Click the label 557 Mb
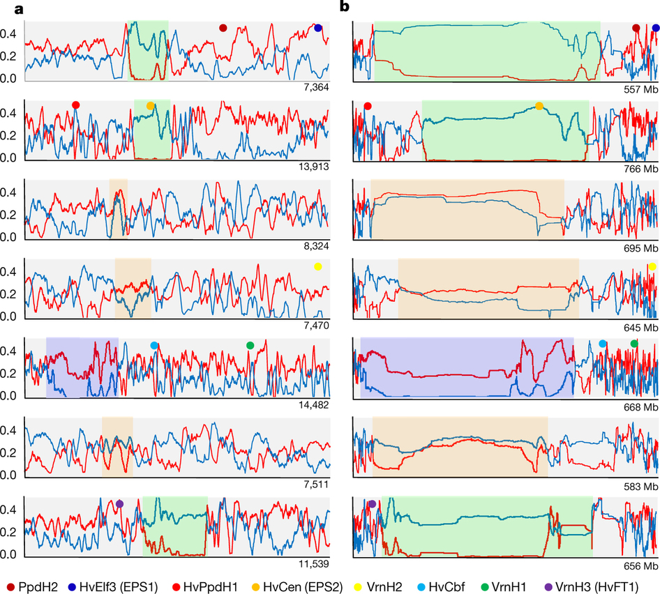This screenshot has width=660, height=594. click(x=641, y=89)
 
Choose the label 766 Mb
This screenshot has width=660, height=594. click(x=641, y=169)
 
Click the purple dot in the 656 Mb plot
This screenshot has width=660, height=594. click(x=372, y=503)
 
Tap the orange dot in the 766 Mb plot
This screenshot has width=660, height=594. click(x=539, y=106)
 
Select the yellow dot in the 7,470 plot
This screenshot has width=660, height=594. click(x=318, y=266)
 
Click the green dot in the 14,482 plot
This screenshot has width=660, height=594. click(x=250, y=345)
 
